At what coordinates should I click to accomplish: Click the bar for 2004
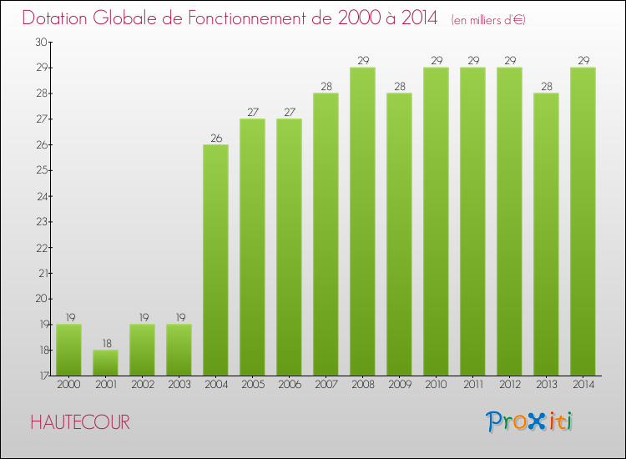coord(215,260)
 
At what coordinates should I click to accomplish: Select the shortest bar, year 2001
coord(105,362)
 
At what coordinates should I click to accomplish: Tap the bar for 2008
coord(362,221)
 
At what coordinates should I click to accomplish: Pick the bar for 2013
coord(546,234)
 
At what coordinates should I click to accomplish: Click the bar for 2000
coord(68,350)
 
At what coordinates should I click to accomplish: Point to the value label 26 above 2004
coord(215,139)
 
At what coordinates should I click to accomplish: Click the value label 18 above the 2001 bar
coord(105,344)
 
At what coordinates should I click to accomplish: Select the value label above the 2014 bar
coord(583,61)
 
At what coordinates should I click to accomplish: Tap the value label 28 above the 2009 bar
coord(399,87)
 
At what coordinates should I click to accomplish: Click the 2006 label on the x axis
coord(289,386)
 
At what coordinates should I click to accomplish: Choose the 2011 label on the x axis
coord(472,386)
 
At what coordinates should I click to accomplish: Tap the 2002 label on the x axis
coord(142,386)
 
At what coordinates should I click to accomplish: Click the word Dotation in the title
coord(58,18)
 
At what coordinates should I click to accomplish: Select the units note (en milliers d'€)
coord(488,19)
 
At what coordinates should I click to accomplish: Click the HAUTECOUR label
coord(80,422)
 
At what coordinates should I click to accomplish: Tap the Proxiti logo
coord(530,421)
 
